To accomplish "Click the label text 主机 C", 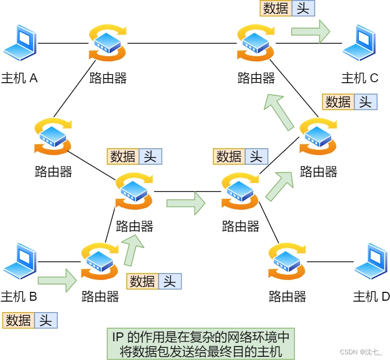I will [359, 78].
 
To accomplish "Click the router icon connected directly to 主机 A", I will [108, 44].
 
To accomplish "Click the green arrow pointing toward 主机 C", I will [310, 31].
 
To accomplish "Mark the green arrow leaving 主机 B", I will [57, 280].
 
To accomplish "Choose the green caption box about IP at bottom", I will [200, 343].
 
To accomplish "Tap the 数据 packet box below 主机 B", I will [18, 320].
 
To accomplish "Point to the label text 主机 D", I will [371, 297].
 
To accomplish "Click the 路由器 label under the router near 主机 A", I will [108, 78].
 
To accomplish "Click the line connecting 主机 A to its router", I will [62, 44].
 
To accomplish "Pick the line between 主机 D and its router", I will [330, 262].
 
